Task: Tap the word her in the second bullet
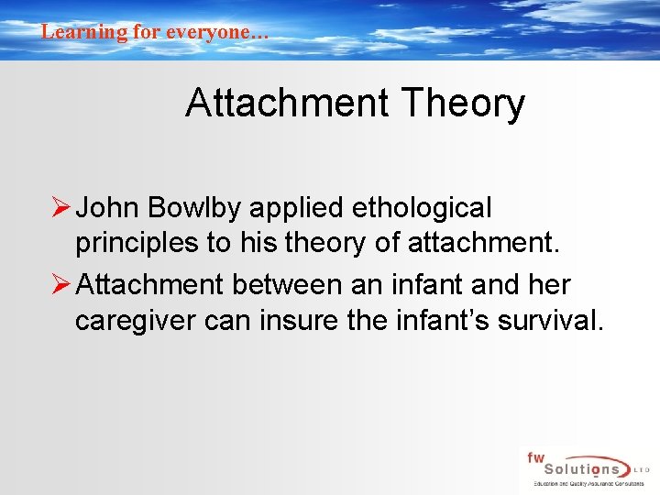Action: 548,285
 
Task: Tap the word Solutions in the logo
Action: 579,468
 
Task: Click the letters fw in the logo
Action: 535,456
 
